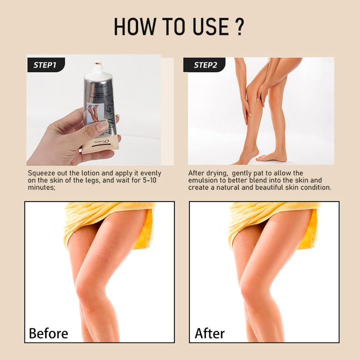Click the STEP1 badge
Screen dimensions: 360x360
45,65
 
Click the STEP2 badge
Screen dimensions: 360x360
203,65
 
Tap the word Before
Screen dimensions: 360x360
48,333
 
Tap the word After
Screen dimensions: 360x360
210,333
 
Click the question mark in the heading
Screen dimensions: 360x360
239,27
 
